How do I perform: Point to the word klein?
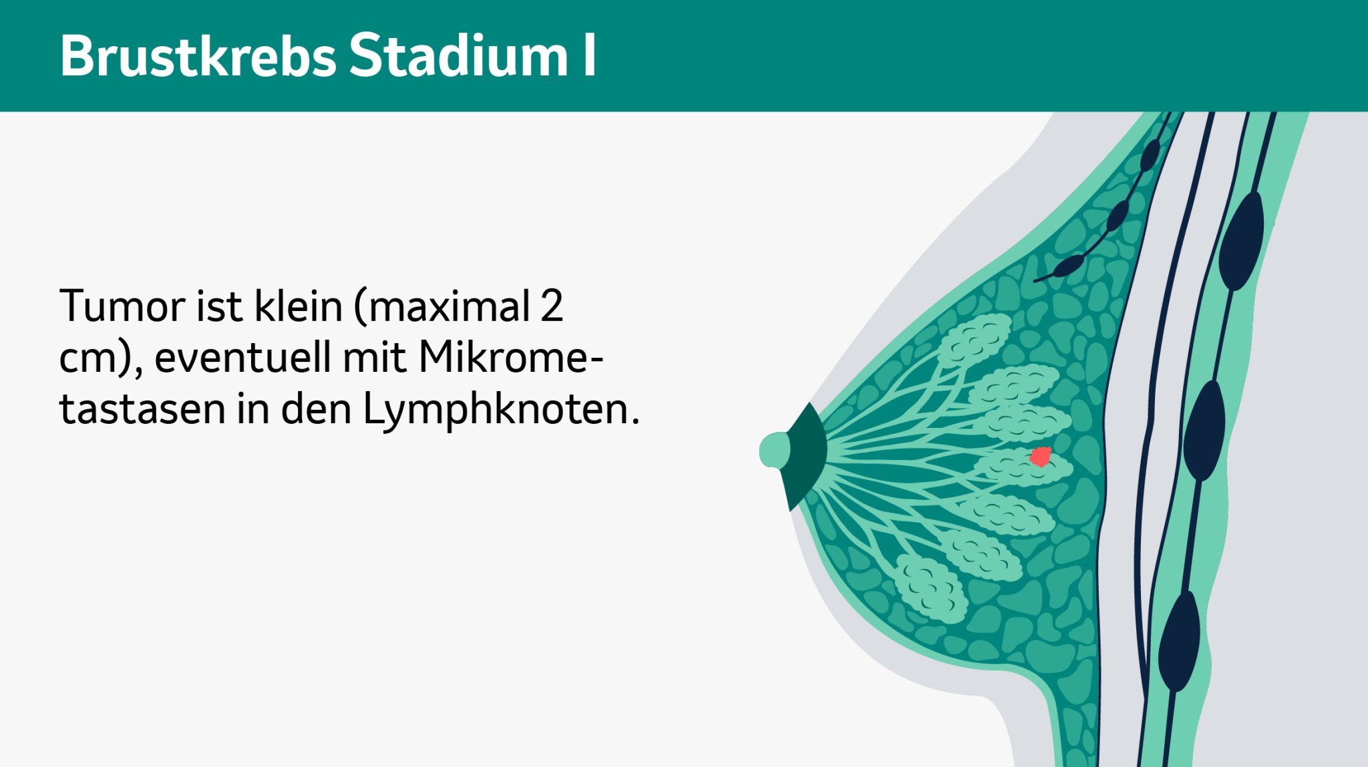pos(299,306)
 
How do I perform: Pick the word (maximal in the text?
pos(442,306)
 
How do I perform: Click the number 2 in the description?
pos(552,306)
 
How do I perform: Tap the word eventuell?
pos(242,357)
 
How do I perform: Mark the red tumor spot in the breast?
pos(1040,457)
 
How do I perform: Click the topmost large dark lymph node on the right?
pos(1241,241)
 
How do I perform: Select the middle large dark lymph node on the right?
pos(1204,431)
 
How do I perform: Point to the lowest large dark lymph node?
pos(1179,641)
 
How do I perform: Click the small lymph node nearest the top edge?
pos(1150,156)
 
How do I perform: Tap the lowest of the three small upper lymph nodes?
pos(1068,266)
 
